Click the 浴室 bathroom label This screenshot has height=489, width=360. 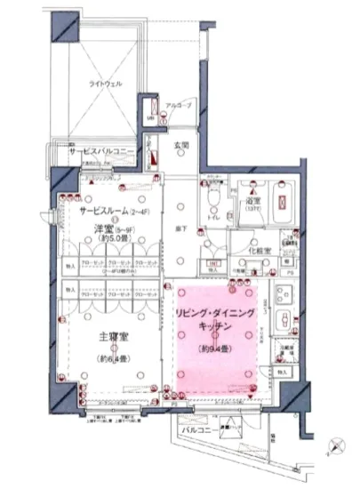[253, 202]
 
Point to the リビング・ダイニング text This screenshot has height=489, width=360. [214, 312]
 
